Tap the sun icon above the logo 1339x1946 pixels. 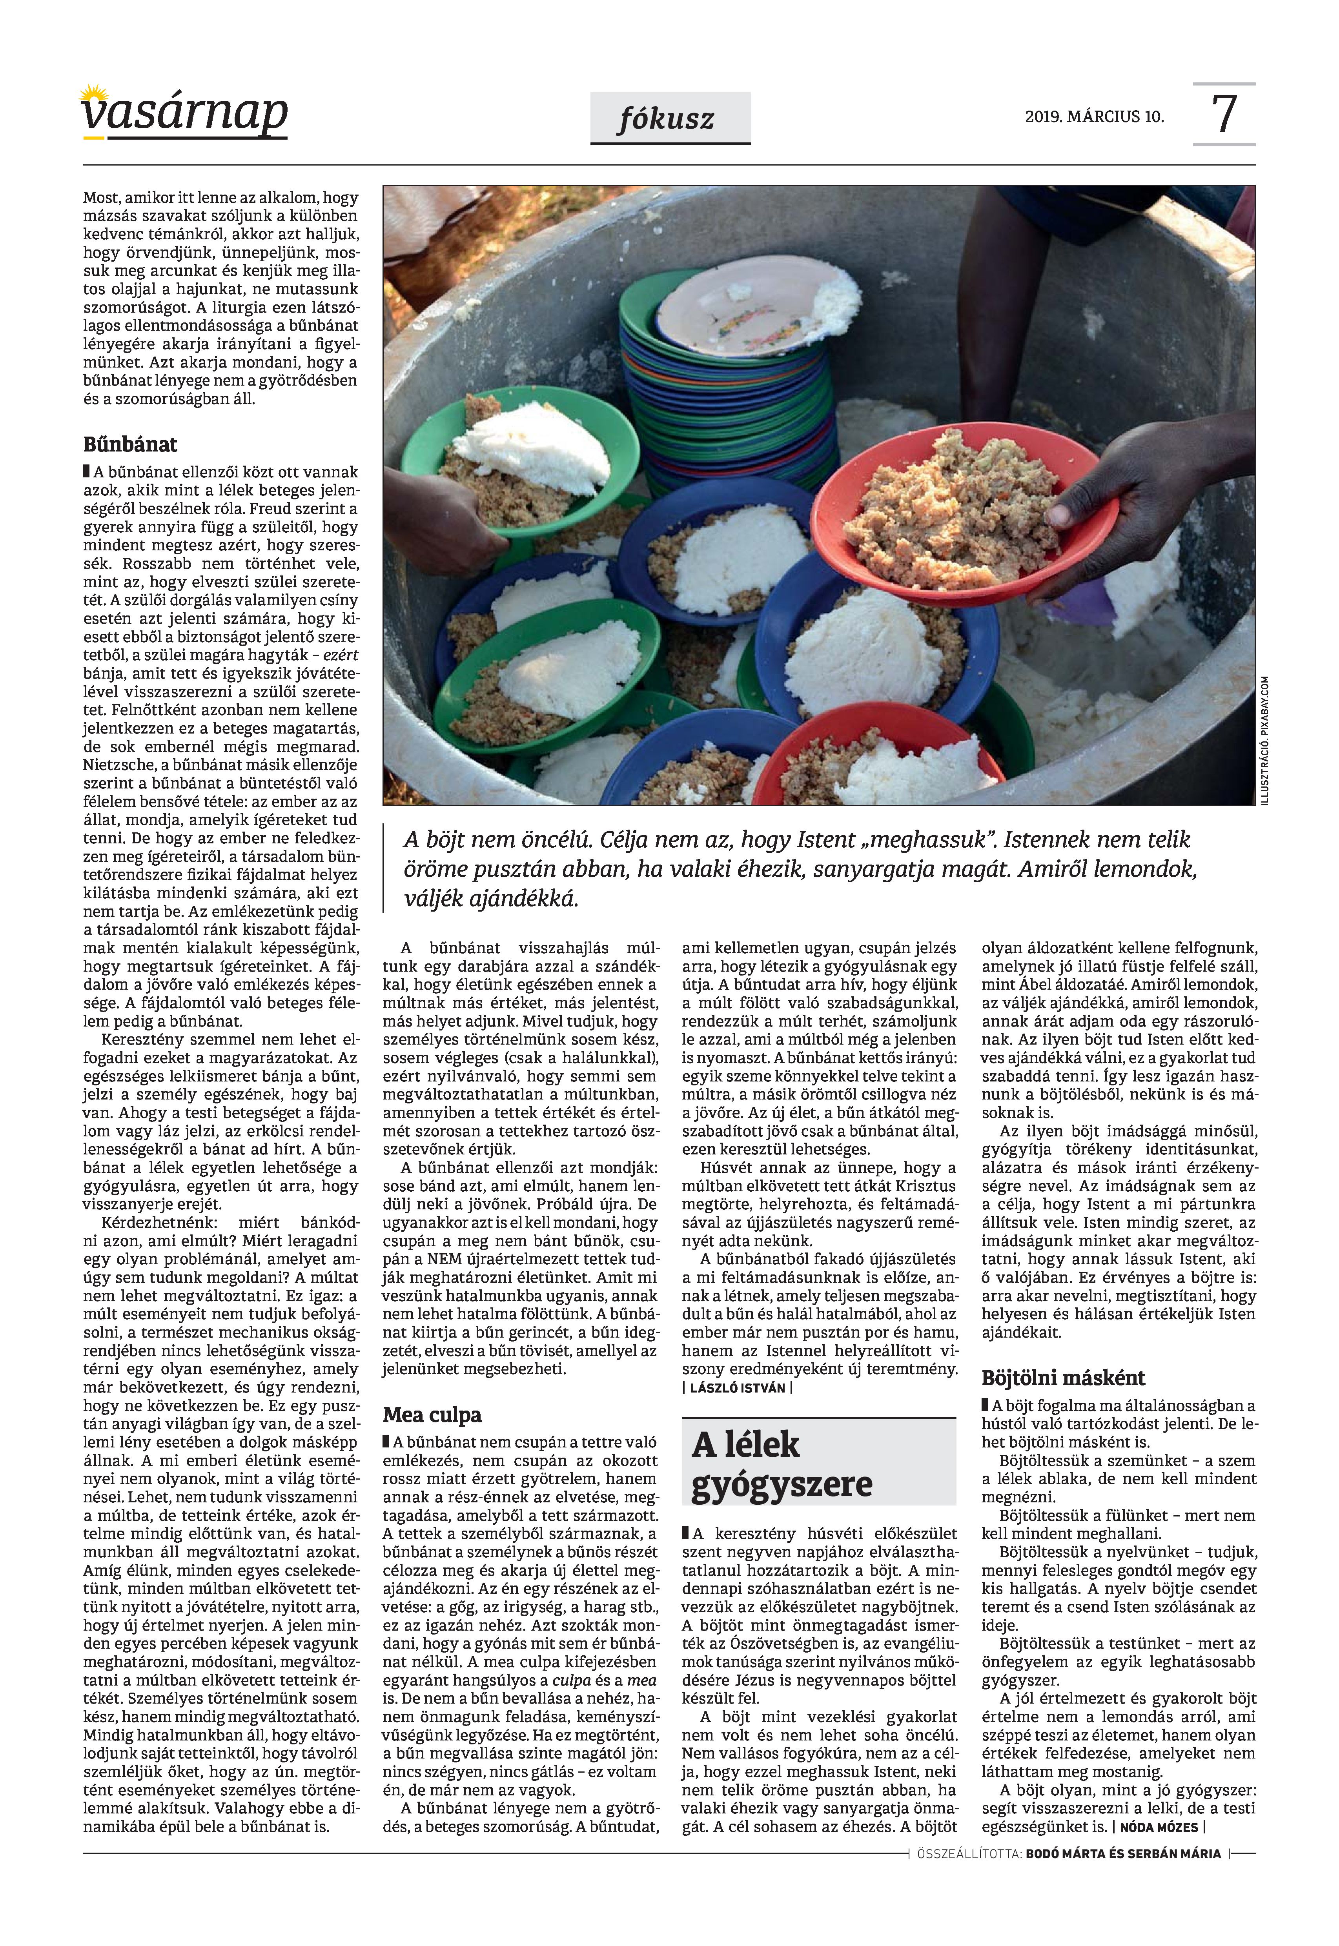click(x=94, y=92)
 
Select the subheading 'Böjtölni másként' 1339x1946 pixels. click(x=1063, y=1377)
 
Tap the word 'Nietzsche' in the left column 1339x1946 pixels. click(x=118, y=765)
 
